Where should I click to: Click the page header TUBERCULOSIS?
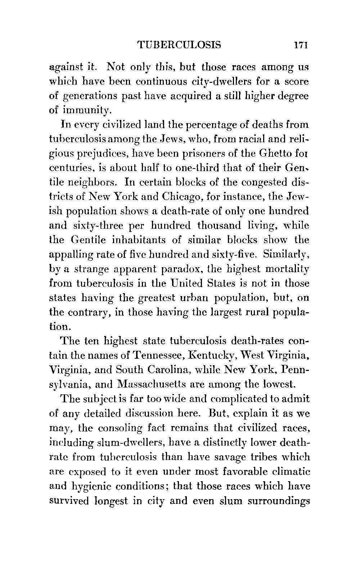point(179,45)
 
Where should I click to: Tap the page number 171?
point(300,45)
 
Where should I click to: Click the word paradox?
point(181,269)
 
